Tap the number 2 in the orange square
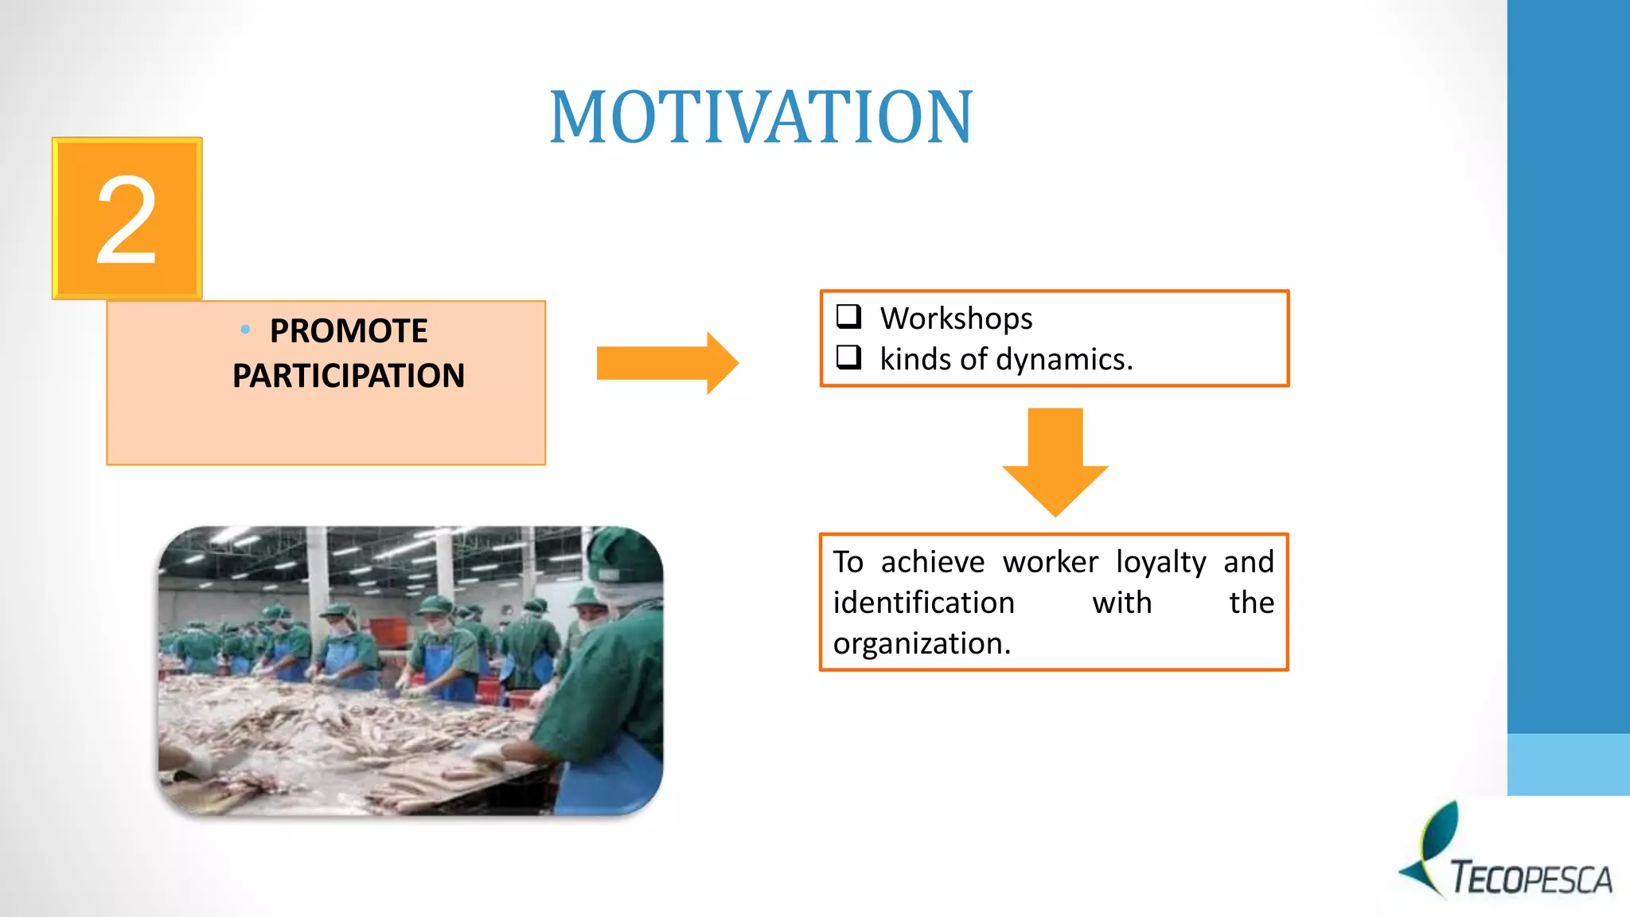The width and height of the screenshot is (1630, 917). pyautogui.click(x=126, y=220)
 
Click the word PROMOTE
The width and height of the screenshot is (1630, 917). pyautogui.click(x=348, y=331)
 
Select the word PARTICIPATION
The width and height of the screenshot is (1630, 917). pyautogui.click(x=348, y=376)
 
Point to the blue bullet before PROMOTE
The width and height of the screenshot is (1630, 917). pyautogui.click(x=245, y=329)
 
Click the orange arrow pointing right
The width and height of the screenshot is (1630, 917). pyautogui.click(x=667, y=363)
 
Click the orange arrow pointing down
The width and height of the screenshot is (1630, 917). pyautogui.click(x=1055, y=462)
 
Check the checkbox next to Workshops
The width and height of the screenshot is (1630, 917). pyautogui.click(x=848, y=317)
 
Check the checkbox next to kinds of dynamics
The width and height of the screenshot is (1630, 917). pyautogui.click(x=848, y=357)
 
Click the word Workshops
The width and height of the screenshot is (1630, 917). pyautogui.click(x=956, y=318)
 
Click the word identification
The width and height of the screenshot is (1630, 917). pyautogui.click(x=923, y=603)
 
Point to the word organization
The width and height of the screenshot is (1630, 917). pyautogui.click(x=921, y=644)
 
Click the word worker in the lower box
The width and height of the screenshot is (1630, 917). pyautogui.click(x=1050, y=563)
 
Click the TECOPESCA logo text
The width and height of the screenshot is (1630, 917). pyautogui.click(x=1531, y=879)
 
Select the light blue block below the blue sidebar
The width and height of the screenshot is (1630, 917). pyautogui.click(x=1567, y=764)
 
